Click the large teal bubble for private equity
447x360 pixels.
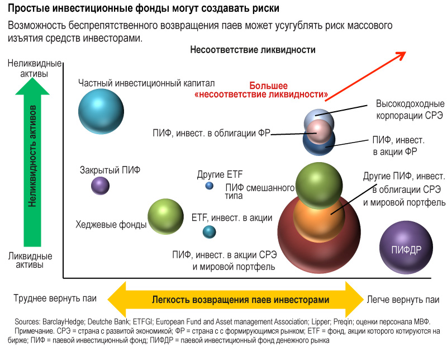101,111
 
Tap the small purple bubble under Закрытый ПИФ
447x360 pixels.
100,186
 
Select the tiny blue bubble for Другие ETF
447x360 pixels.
209,186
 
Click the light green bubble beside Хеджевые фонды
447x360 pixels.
165,216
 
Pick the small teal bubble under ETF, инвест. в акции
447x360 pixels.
209,231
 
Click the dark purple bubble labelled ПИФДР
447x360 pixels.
406,247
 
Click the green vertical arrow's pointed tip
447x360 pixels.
32,78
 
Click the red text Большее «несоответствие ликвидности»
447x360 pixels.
261,90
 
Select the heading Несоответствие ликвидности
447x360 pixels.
253,50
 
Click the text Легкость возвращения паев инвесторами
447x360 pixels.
240,300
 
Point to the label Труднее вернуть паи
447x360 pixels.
55,299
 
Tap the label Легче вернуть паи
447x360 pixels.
403,300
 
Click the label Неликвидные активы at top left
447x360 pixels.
35,68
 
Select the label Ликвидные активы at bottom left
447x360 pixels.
30,260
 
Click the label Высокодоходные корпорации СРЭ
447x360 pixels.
410,109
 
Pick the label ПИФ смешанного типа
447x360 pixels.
260,191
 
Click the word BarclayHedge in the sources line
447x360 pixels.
63,322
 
